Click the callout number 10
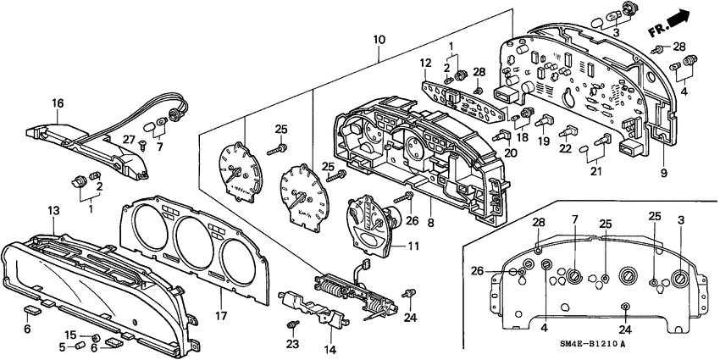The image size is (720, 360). (x=379, y=40)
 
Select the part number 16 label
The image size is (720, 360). (x=58, y=103)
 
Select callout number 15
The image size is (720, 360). (x=71, y=335)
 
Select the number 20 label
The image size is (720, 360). (x=510, y=152)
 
